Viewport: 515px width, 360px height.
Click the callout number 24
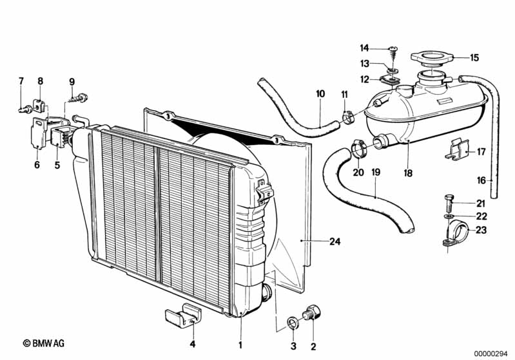pos(334,242)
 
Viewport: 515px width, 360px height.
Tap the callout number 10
pos(320,94)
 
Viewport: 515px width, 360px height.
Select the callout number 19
pos(376,173)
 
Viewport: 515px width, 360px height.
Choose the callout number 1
pos(240,345)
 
